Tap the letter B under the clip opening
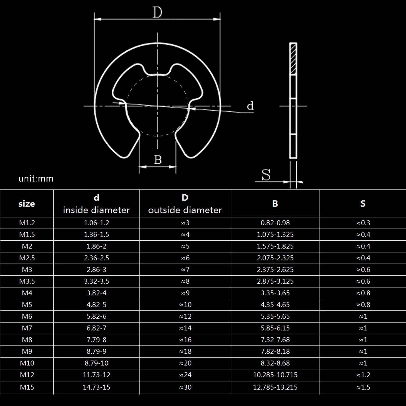tap(158, 160)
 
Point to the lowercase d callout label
tap(250, 106)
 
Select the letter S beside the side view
tap(266, 175)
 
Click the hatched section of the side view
tap(293, 59)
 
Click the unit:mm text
tap(36, 179)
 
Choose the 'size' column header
tap(27, 204)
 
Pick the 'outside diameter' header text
tap(185, 210)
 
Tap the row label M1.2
tap(27, 223)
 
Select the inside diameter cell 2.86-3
tap(96, 269)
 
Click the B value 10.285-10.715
tap(275, 375)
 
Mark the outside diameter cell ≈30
tap(185, 387)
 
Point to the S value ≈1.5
tap(363, 387)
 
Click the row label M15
tap(27, 387)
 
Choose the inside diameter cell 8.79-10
tap(96, 363)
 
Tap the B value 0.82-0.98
tap(275, 223)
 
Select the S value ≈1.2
tap(363, 375)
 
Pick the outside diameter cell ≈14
tap(185, 328)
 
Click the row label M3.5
tap(27, 281)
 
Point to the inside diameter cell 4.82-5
tap(96, 304)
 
